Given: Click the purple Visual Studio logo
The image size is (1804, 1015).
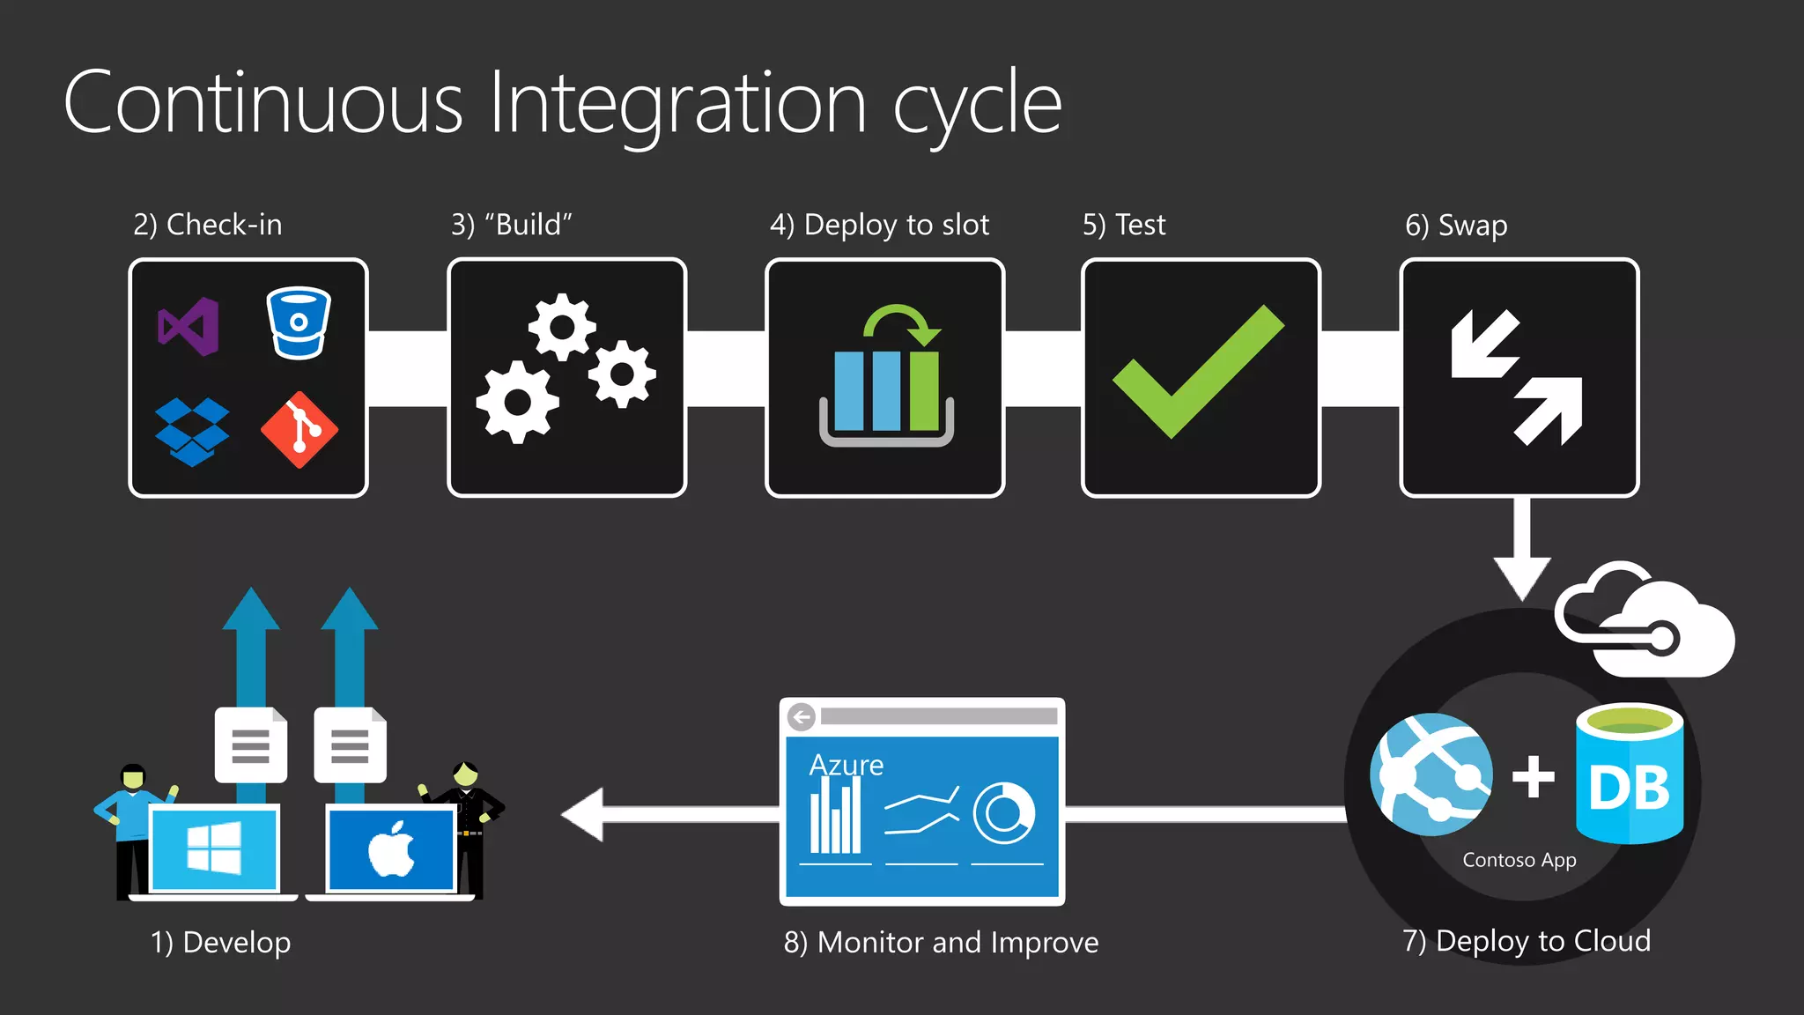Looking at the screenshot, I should pyautogui.click(x=189, y=327).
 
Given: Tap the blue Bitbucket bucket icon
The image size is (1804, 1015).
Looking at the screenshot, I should pyautogui.click(x=299, y=323).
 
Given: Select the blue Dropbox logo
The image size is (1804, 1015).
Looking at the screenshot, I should pyautogui.click(x=192, y=431).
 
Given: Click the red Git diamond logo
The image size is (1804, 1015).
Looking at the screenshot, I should pyautogui.click(x=299, y=430).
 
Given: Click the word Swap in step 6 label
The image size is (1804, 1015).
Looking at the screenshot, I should pyautogui.click(x=1472, y=226).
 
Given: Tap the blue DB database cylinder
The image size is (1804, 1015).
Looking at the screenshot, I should pyautogui.click(x=1629, y=774).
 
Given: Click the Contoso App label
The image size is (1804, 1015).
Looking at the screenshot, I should pyautogui.click(x=1519, y=860).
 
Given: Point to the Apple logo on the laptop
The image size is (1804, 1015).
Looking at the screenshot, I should pyautogui.click(x=392, y=849).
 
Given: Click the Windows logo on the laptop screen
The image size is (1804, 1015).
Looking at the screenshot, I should pyautogui.click(x=214, y=848).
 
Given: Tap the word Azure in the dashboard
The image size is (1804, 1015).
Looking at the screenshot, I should pyautogui.click(x=846, y=765).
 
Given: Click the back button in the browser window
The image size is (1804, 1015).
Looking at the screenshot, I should pyautogui.click(x=802, y=717).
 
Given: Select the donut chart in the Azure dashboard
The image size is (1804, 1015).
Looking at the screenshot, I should pyautogui.click(x=1003, y=812).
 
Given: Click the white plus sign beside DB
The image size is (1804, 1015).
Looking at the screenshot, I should pyautogui.click(x=1533, y=777).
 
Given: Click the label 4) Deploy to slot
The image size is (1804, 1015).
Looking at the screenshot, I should pyautogui.click(x=879, y=226).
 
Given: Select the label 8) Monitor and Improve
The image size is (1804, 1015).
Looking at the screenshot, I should pyautogui.click(x=941, y=943).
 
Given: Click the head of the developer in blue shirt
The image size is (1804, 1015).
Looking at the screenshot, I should pyautogui.click(x=133, y=776).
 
